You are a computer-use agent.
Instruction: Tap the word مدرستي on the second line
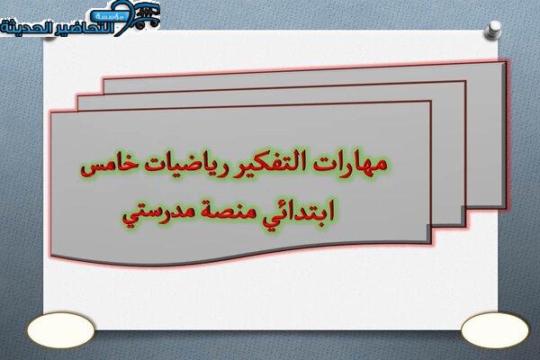click(x=151, y=213)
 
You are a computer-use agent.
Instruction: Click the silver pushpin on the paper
click(x=493, y=30)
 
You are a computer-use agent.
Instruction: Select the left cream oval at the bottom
click(x=61, y=329)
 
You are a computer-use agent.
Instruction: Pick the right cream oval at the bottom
click(x=494, y=329)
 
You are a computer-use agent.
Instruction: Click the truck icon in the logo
click(x=147, y=16)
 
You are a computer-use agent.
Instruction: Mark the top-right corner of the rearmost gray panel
click(x=506, y=61)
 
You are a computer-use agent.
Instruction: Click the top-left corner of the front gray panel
click(x=51, y=112)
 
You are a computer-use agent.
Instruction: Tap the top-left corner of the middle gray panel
click(x=77, y=96)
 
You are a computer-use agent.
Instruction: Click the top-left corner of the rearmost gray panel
click(x=103, y=79)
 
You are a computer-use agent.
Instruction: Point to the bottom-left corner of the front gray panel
click(x=51, y=256)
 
